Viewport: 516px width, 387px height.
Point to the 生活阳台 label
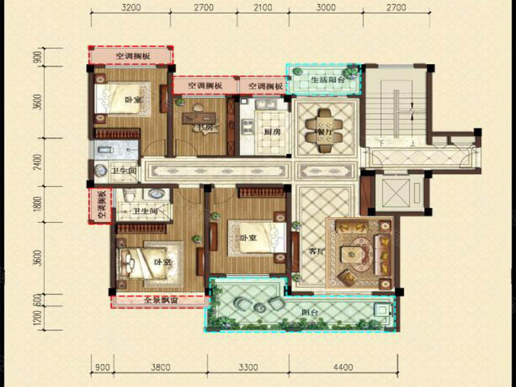coord(323,80)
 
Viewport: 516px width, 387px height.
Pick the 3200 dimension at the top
coord(132,8)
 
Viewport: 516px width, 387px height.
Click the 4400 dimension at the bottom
coord(343,368)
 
